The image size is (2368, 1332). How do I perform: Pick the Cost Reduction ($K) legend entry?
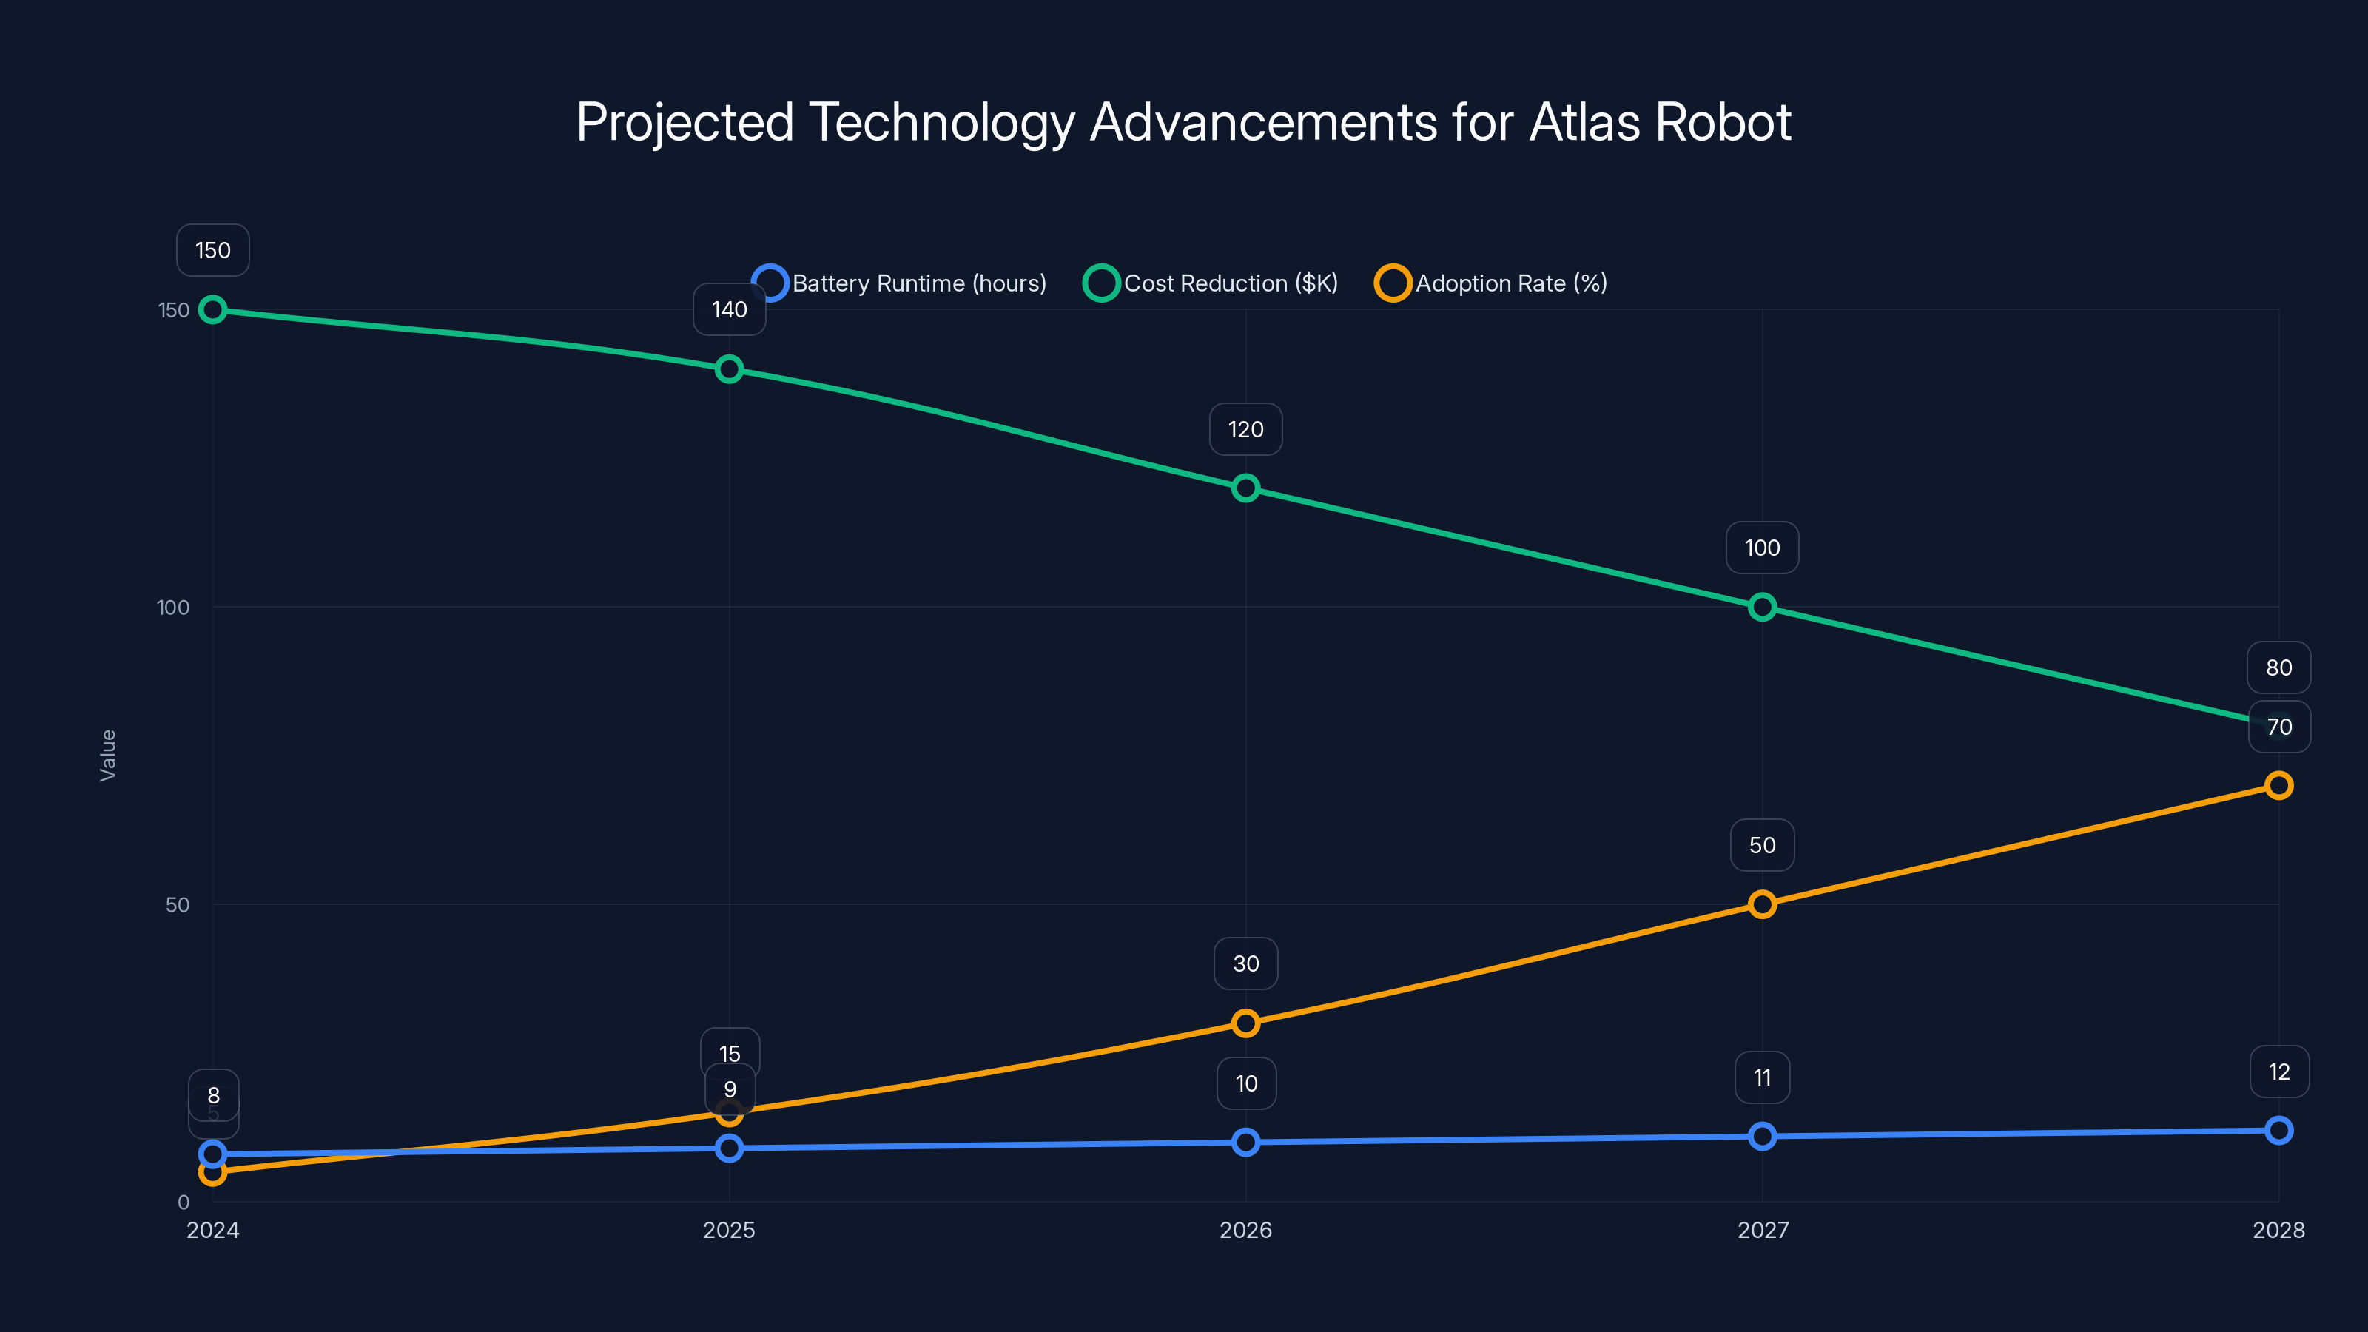[1211, 283]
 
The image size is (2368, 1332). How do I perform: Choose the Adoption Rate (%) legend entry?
[1491, 283]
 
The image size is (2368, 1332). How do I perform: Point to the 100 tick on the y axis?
[173, 608]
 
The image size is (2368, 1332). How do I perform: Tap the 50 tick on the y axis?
[178, 904]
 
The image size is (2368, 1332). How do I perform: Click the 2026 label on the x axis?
[1245, 1230]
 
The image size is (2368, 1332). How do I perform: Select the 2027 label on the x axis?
[1762, 1230]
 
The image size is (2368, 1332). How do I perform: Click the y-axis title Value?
[107, 756]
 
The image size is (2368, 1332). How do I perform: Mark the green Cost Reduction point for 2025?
[729, 369]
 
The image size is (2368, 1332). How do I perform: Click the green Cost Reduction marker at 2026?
[1245, 488]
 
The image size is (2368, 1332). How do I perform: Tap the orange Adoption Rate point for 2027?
[1762, 904]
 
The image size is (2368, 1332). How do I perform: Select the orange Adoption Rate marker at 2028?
[2279, 786]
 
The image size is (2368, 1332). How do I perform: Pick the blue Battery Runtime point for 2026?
[1245, 1143]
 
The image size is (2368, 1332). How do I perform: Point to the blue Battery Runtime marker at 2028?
[2279, 1131]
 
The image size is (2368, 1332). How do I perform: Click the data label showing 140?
[729, 310]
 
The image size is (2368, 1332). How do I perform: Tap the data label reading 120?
[1245, 429]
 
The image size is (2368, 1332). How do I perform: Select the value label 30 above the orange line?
[1245, 963]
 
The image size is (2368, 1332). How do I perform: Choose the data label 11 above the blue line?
[1762, 1077]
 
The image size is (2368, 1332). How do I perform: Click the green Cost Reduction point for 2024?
[213, 310]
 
